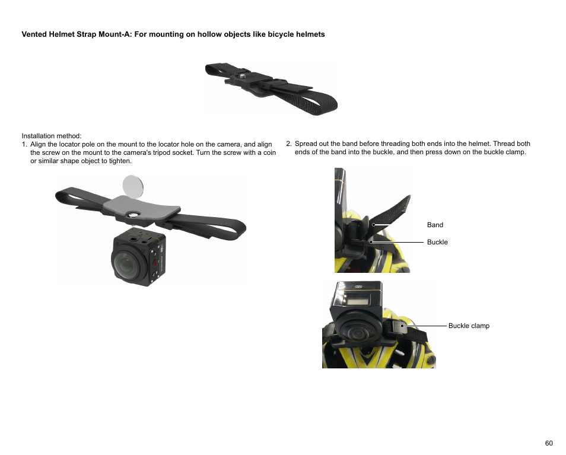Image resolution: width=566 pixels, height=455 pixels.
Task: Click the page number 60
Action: coord(549,443)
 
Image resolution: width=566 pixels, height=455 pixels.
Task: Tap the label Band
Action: coord(435,225)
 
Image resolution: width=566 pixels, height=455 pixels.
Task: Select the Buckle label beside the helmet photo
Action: coord(437,242)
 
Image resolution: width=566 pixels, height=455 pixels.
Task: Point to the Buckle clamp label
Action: coord(469,326)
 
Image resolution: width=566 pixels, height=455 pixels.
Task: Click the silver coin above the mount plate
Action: coord(133,186)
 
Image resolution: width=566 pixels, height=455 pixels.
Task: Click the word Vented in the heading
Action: coord(34,34)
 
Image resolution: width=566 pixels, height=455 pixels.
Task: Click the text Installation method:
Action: coord(52,136)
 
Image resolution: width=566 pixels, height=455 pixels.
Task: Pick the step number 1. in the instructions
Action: coord(24,144)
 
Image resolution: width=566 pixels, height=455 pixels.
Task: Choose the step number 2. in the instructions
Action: coord(289,144)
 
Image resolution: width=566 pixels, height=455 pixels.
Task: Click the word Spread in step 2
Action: coord(306,144)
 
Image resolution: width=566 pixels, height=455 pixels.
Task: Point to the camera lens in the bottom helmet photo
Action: coord(358,333)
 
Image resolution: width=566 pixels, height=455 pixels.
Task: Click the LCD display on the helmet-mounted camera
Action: coord(357,299)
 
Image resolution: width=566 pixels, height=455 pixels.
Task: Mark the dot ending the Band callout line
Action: coord(374,225)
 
